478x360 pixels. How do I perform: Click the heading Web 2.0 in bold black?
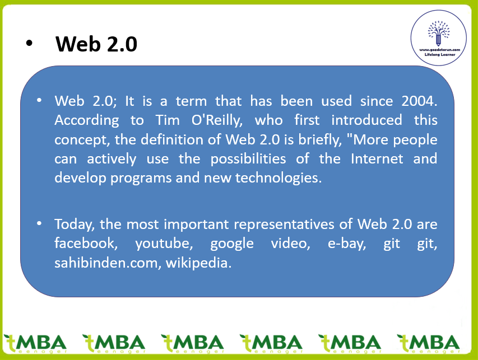(x=96, y=44)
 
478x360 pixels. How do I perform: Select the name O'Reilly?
(x=217, y=120)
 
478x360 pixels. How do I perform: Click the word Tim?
(x=168, y=120)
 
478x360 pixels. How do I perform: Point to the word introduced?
(x=366, y=120)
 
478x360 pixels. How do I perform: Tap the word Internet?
(x=377, y=158)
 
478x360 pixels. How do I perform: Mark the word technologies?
(x=279, y=178)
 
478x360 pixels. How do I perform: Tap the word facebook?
(x=86, y=244)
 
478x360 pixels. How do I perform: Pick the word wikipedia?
(x=198, y=263)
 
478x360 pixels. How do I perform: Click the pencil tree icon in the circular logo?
(x=439, y=34)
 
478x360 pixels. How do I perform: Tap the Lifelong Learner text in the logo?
(x=439, y=54)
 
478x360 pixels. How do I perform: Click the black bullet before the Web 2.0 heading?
(x=29, y=43)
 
